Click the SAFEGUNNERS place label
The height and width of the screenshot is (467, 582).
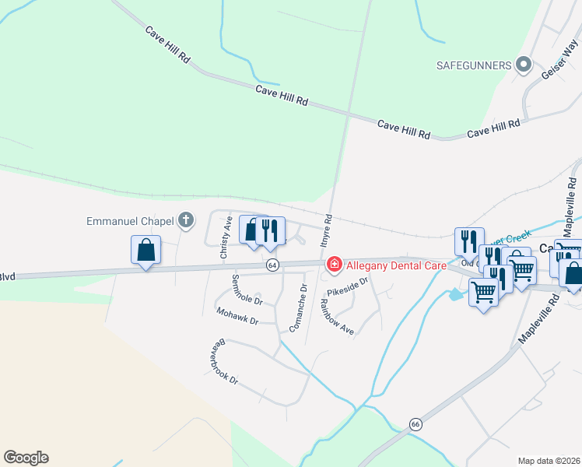[x=472, y=65]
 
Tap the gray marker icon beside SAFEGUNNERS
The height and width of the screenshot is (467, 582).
[x=524, y=65]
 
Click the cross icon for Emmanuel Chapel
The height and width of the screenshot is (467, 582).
[x=185, y=221]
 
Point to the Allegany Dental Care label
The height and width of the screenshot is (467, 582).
[x=396, y=265]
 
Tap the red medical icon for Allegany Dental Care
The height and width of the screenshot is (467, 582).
[x=334, y=265]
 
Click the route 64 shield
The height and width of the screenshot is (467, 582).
[x=272, y=265]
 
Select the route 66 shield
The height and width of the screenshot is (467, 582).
[x=415, y=424]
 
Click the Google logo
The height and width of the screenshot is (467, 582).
[x=26, y=458]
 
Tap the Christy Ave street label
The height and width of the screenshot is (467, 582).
[x=226, y=238]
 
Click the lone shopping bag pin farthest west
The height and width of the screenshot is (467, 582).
[x=145, y=251]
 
